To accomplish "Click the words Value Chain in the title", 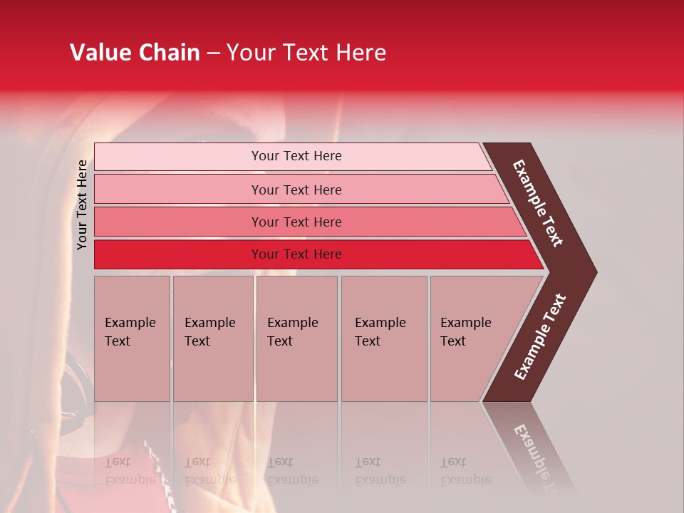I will (x=135, y=53).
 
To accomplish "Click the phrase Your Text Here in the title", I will (x=306, y=53).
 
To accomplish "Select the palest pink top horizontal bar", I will (x=178, y=156).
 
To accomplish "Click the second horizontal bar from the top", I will (x=178, y=190).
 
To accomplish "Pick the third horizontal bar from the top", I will (x=178, y=222).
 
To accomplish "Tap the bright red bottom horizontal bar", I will (x=178, y=254).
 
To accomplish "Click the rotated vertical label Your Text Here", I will (x=82, y=204).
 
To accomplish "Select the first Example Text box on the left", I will (x=132, y=338).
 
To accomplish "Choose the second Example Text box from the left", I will (x=212, y=338).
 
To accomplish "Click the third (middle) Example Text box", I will (x=296, y=338).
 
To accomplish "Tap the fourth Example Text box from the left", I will (x=384, y=338).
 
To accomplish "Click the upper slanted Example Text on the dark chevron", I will (x=538, y=203).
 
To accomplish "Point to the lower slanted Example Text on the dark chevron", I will (x=540, y=337).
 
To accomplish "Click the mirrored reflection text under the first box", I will (x=130, y=471).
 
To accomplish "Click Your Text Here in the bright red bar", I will (x=296, y=254).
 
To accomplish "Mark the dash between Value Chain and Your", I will (x=213, y=53).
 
